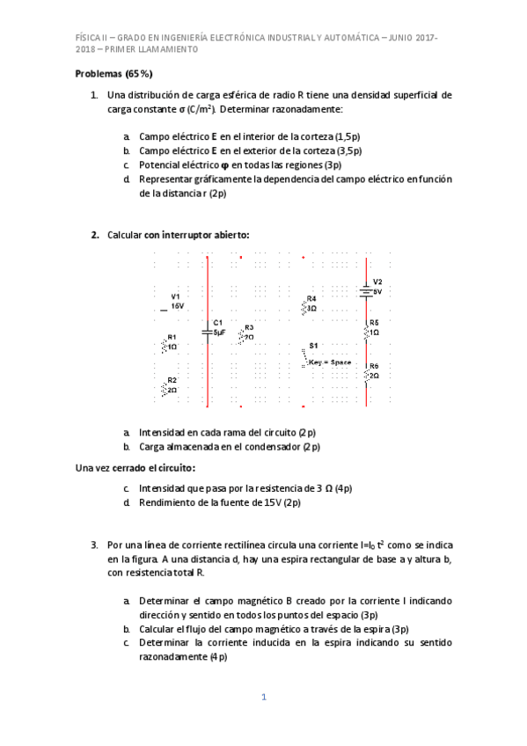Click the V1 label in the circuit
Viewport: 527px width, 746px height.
point(176,296)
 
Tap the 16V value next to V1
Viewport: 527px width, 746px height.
point(177,306)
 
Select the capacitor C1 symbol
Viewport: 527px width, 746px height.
point(208,331)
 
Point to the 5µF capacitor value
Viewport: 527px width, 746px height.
point(219,333)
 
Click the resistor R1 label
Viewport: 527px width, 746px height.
point(172,337)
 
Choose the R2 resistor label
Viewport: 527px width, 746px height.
point(172,380)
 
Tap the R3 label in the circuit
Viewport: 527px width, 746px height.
point(249,327)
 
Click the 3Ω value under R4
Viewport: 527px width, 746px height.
point(311,309)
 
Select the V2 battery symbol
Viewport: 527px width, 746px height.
point(365,287)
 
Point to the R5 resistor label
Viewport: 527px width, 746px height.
point(374,323)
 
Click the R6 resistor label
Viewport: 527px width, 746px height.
point(374,366)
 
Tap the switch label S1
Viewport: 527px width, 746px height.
point(313,346)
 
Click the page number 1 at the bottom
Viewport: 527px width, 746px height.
point(263,698)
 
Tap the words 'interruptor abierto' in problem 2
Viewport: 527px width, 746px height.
point(207,235)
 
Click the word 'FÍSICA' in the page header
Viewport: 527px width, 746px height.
point(90,38)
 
